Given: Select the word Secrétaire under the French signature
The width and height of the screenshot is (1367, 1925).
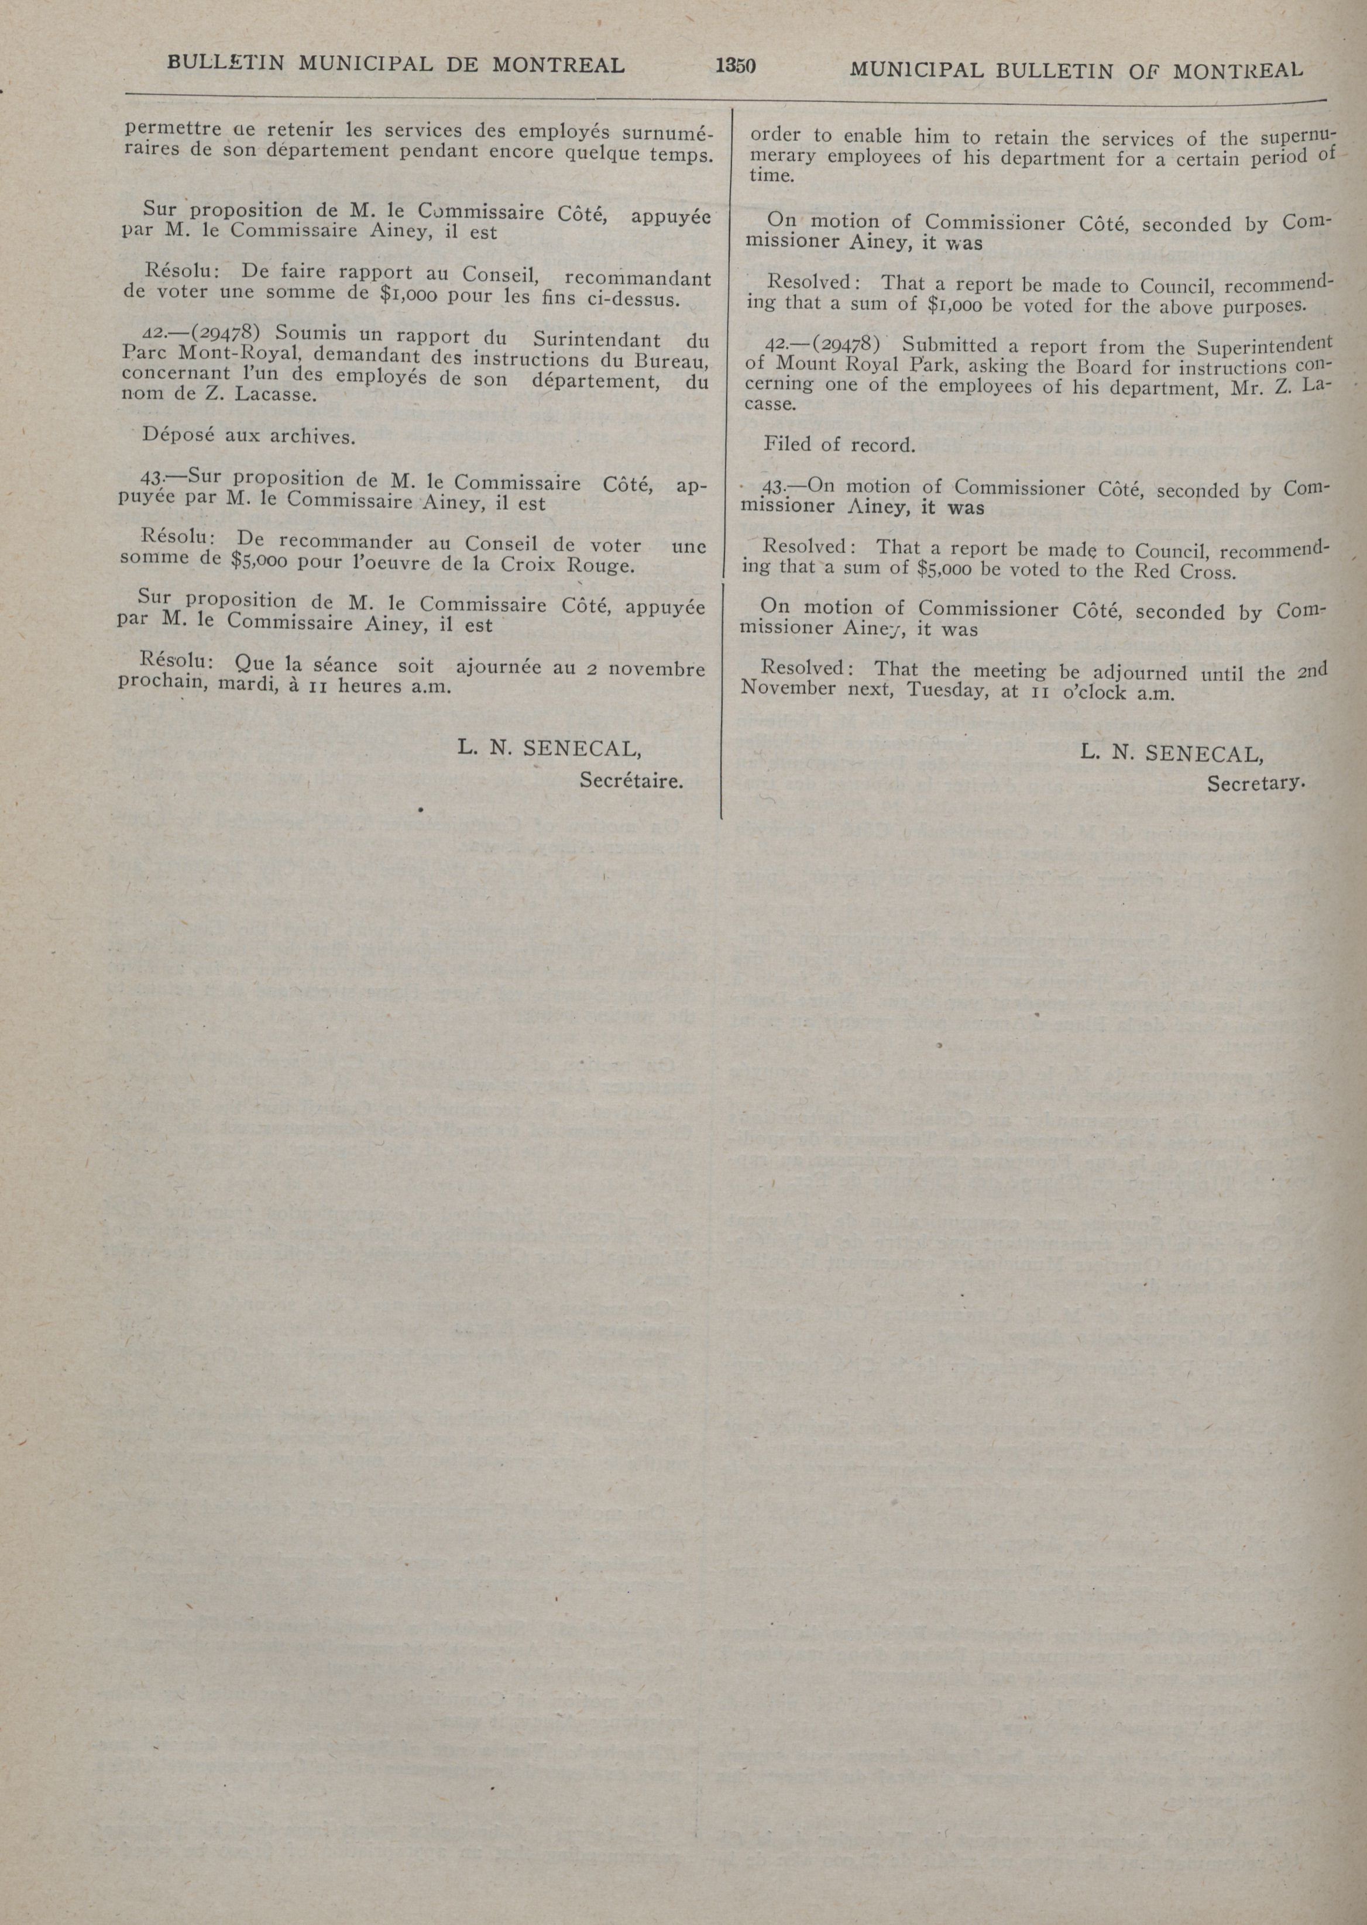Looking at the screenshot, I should (x=630, y=781).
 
